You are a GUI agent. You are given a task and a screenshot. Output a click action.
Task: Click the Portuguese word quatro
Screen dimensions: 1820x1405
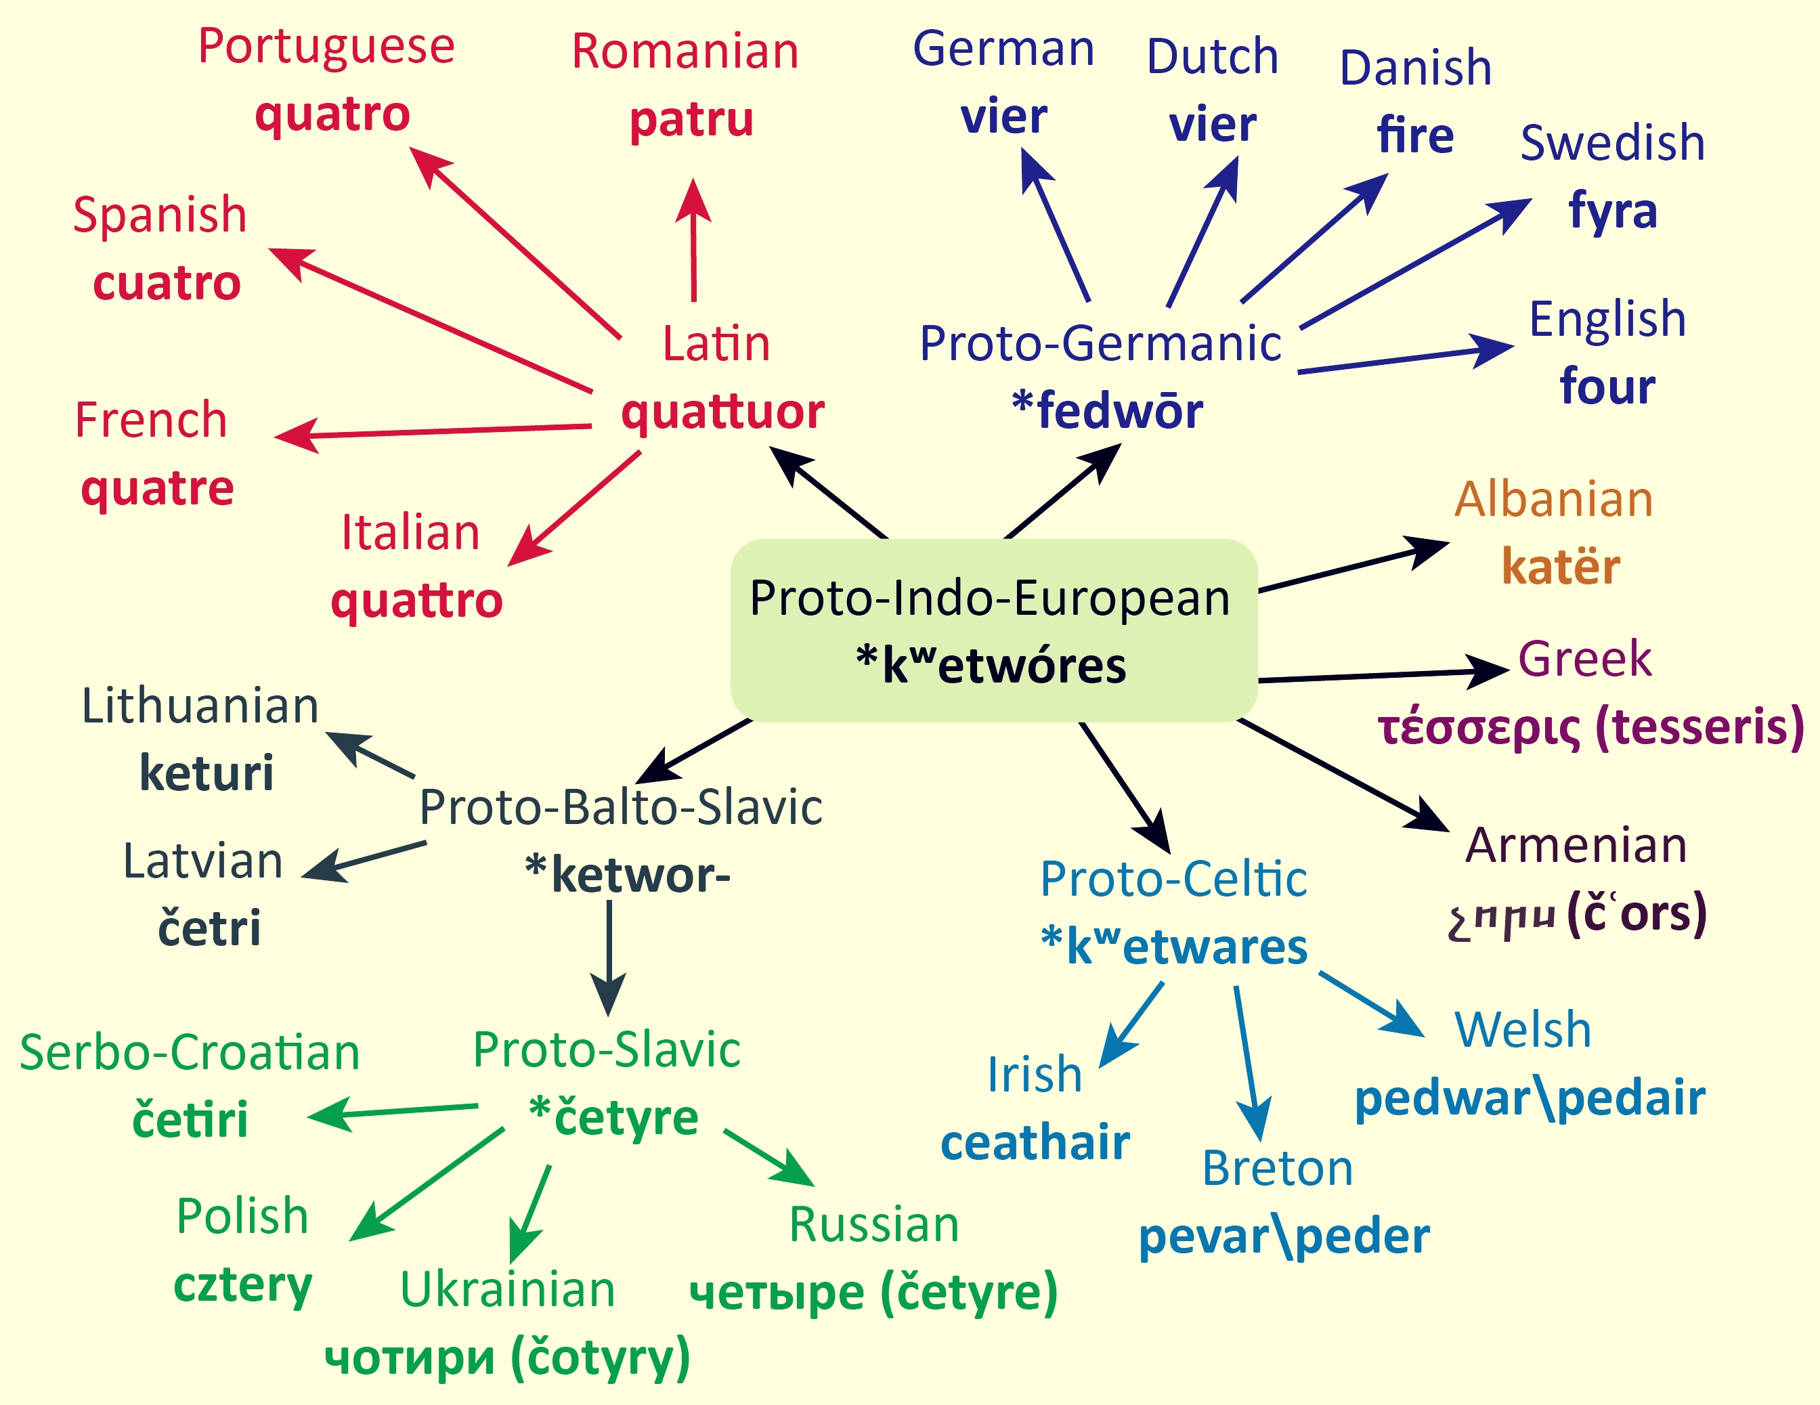tap(332, 116)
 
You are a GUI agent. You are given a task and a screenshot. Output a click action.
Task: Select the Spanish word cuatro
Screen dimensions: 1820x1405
tap(167, 283)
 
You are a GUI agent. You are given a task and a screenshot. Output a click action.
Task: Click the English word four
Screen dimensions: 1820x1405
tap(1607, 386)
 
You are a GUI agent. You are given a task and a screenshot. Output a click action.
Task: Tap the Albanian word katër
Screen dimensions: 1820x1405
tap(1561, 567)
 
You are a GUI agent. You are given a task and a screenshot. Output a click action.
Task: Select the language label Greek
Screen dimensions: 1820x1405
tap(1584, 660)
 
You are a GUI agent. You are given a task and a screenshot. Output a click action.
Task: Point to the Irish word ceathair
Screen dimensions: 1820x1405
tap(1035, 1142)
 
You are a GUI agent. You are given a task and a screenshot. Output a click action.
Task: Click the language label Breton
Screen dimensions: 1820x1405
tap(1278, 1168)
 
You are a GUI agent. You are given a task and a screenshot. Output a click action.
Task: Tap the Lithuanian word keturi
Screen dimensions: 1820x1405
tap(206, 773)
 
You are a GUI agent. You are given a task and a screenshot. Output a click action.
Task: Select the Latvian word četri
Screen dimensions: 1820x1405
tap(209, 928)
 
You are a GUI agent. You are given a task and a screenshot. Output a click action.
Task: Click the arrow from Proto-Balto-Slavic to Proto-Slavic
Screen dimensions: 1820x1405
tap(609, 958)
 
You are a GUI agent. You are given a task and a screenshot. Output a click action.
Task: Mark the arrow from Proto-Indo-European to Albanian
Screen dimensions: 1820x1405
tap(1354, 567)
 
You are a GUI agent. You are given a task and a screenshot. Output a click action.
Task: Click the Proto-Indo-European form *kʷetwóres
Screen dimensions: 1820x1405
tap(991, 666)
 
